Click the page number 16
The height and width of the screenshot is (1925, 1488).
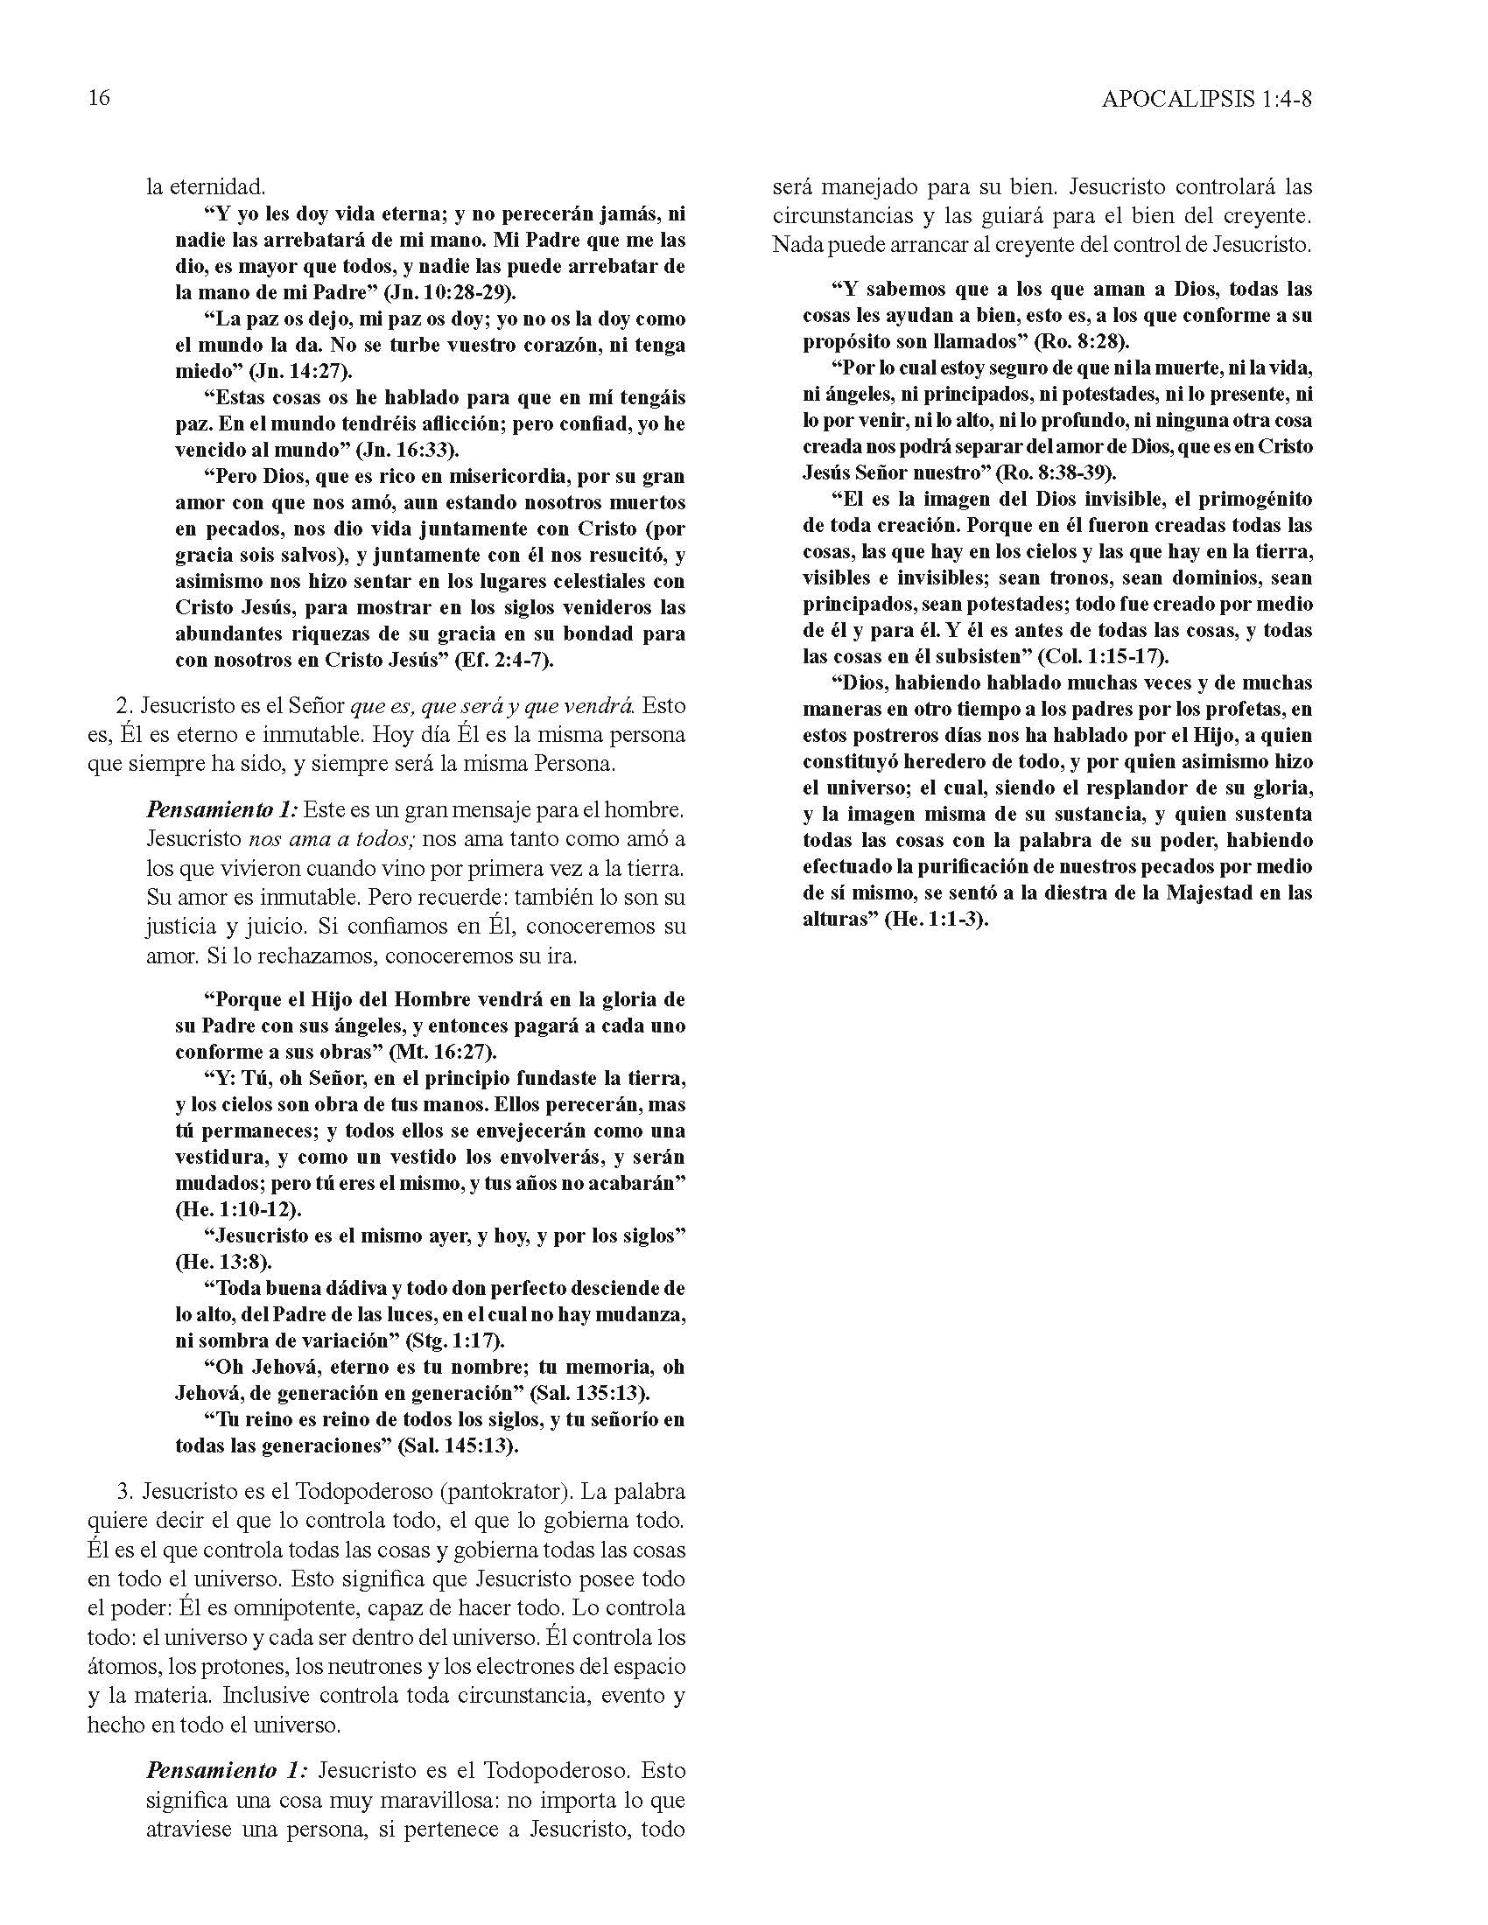99,98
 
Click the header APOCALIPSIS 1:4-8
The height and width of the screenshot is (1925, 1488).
1206,99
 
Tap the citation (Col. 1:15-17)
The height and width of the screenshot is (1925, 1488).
1103,656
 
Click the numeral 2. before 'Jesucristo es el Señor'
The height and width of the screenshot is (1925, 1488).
123,706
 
